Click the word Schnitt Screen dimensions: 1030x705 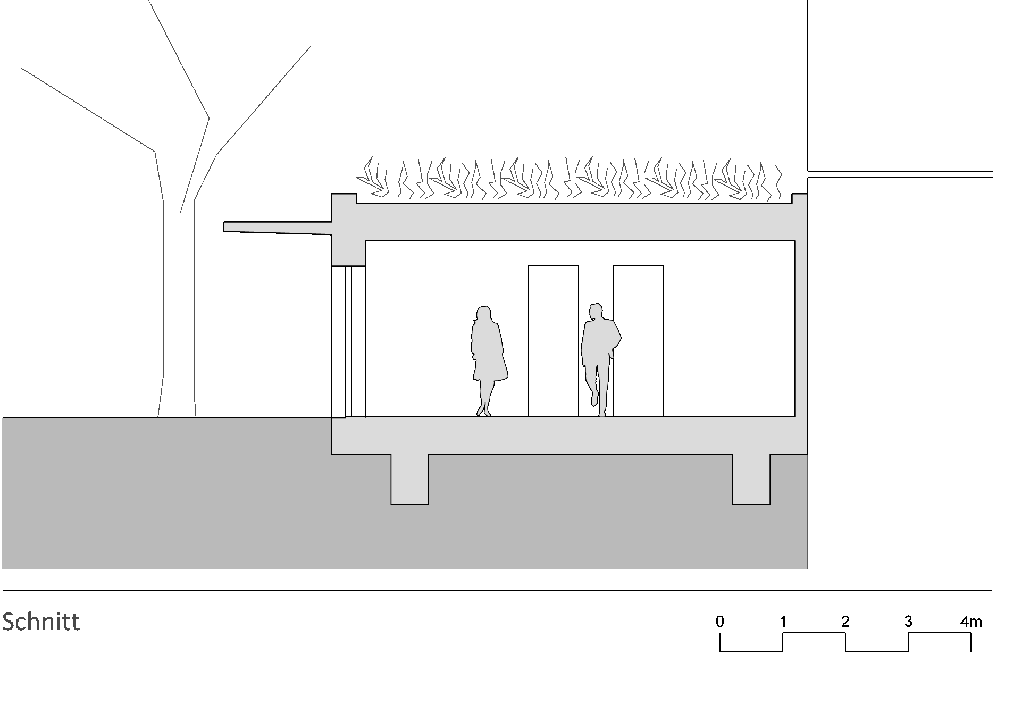(x=41, y=621)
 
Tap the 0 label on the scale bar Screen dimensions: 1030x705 (x=719, y=622)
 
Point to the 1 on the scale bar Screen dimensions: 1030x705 (x=783, y=622)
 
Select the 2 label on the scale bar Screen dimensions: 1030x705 (x=845, y=622)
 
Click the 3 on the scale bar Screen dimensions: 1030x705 (x=908, y=622)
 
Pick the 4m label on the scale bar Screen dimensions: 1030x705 (x=971, y=622)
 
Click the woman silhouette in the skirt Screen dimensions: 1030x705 (x=489, y=360)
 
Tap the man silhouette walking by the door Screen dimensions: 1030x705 (x=601, y=360)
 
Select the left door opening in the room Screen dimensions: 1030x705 (x=553, y=340)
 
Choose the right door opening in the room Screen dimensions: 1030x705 (x=638, y=340)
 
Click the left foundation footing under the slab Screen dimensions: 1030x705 (x=409, y=479)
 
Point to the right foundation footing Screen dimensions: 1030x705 (x=751, y=479)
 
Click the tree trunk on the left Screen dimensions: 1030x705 (x=178, y=308)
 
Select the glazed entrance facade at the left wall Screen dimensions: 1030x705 (x=348, y=341)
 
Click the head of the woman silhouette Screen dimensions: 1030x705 (x=483, y=313)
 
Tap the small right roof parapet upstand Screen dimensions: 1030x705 (x=800, y=198)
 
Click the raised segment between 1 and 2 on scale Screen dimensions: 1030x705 (x=814, y=634)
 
